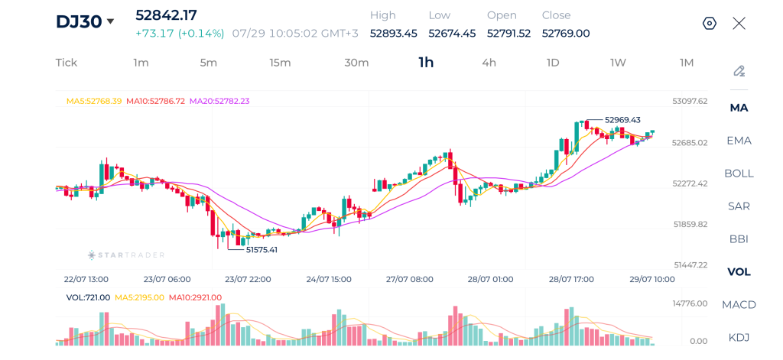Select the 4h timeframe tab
click(489, 63)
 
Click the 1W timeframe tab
click(618, 63)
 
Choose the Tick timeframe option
click(67, 63)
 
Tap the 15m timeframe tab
click(280, 63)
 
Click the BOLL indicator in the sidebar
click(739, 174)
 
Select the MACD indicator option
click(739, 304)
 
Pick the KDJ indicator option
click(739, 337)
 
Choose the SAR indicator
click(739, 206)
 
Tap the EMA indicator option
click(739, 141)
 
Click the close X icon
click(739, 23)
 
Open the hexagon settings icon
click(710, 23)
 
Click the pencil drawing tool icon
click(739, 71)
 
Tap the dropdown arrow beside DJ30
click(110, 21)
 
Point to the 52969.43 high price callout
click(622, 120)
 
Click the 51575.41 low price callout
click(262, 249)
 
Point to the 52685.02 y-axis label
click(690, 142)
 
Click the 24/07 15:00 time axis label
click(329, 279)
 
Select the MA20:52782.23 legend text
click(218, 101)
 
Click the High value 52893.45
click(393, 34)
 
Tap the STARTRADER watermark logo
click(126, 255)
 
